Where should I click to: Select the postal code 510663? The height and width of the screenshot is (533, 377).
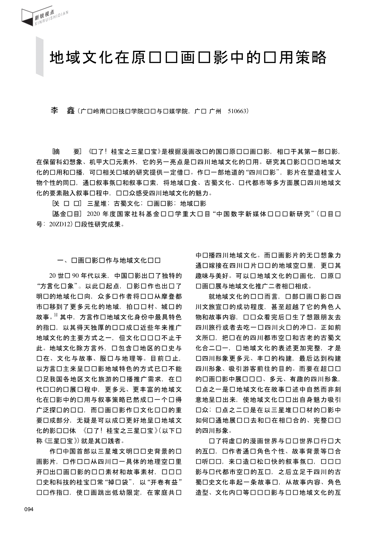(x=238, y=111)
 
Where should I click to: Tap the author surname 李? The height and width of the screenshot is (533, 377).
(x=54, y=111)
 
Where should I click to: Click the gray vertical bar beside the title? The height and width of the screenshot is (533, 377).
(x=40, y=56)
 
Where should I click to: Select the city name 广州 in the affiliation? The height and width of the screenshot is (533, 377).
(x=215, y=111)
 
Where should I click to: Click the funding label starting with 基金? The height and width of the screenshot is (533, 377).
(x=67, y=214)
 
